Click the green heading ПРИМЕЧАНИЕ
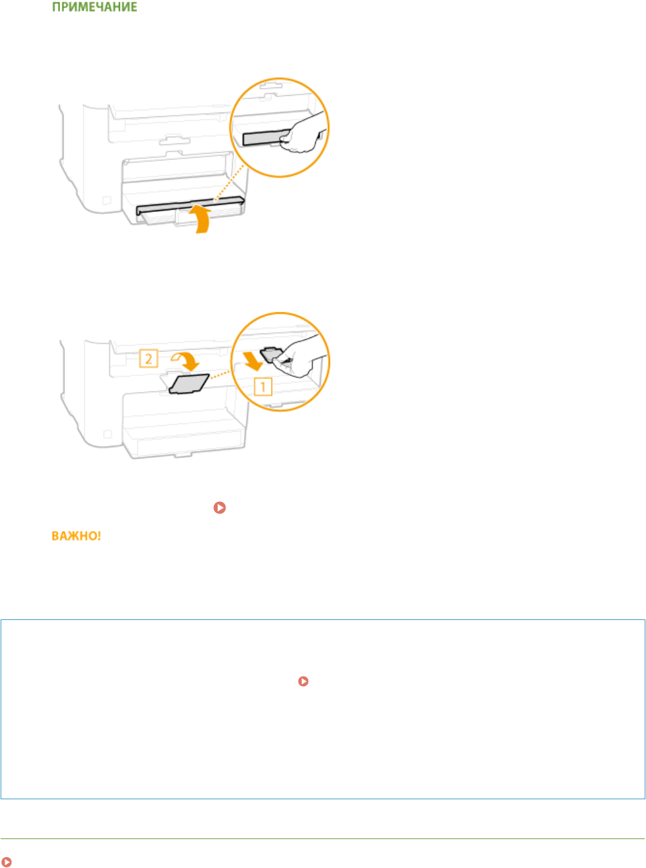point(94,8)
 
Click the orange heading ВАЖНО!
point(76,536)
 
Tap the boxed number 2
point(148,358)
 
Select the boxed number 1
point(263,387)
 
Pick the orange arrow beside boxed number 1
point(252,360)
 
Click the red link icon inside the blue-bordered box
point(304,681)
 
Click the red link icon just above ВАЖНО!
point(220,508)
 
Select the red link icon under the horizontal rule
point(6,862)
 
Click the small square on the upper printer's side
point(107,201)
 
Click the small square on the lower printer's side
point(107,435)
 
